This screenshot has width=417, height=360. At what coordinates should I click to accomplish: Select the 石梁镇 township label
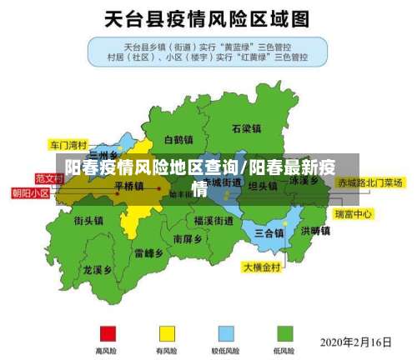[x=246, y=128]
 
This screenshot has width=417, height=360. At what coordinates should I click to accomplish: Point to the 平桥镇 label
[x=128, y=186]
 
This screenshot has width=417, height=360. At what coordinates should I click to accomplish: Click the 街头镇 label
[x=88, y=221]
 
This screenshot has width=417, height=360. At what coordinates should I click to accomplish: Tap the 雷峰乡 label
[x=148, y=252]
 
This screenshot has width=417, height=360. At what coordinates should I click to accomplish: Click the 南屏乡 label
[x=187, y=237]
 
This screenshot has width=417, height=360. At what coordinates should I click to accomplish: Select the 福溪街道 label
[x=214, y=221]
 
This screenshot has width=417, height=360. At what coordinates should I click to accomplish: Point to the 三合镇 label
[x=269, y=232]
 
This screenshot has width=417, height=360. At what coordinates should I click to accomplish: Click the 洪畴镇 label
[x=315, y=230]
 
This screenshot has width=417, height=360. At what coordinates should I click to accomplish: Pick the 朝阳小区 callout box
[x=30, y=192]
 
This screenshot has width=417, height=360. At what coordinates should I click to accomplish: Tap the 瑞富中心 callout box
[x=353, y=214]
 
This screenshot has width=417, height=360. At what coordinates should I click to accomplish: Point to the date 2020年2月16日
[x=355, y=342]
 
